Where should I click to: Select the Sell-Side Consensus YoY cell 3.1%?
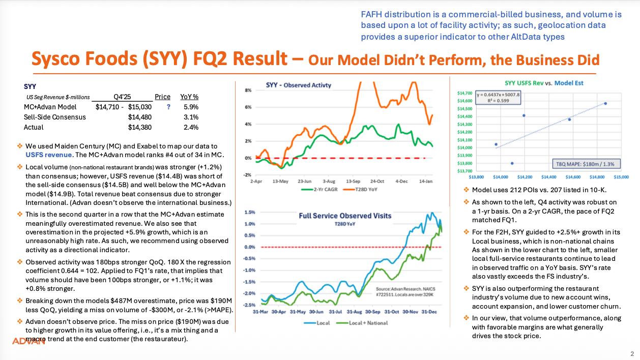click(191, 117)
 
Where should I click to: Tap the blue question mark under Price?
click(168, 107)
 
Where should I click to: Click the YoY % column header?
click(189, 97)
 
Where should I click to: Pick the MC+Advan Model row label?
click(50, 107)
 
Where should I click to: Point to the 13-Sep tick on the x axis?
click(353, 181)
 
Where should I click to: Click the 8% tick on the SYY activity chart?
click(249, 90)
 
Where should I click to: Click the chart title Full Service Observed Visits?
click(345, 216)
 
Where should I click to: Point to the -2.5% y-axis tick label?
click(248, 305)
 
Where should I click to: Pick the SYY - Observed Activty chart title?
click(298, 85)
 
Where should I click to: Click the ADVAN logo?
click(29, 341)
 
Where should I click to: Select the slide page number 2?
click(632, 353)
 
